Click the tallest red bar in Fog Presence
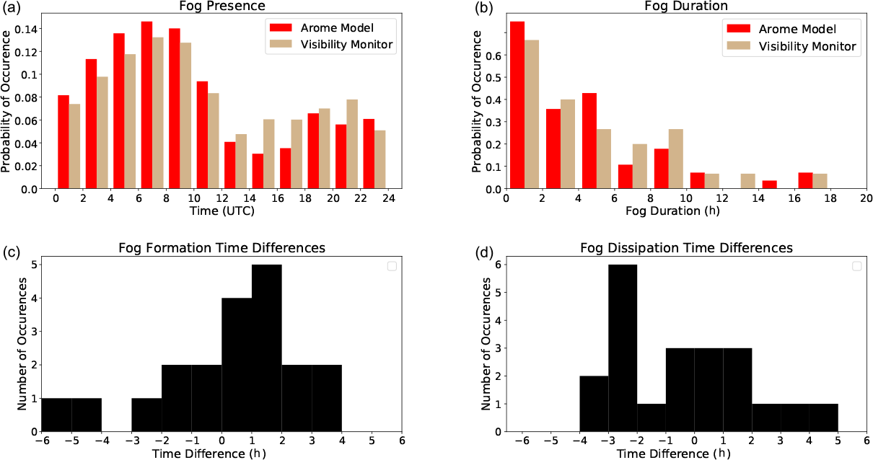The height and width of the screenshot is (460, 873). click(146, 105)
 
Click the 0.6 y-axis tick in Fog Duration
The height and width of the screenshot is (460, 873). click(495, 55)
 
